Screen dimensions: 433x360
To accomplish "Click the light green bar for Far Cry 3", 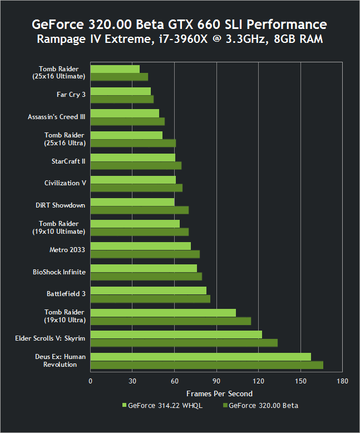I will click(120, 91).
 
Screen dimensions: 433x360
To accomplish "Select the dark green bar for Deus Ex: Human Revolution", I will click(206, 365).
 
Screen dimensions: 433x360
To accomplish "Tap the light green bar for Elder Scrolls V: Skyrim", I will click(176, 334).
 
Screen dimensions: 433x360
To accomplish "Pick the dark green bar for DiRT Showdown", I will click(140, 210).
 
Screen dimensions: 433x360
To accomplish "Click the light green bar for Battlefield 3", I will click(148, 291).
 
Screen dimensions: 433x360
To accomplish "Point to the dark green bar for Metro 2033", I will click(145, 254).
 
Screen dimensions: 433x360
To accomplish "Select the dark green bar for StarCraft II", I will click(136, 165).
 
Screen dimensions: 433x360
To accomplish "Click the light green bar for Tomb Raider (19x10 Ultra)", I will click(163, 313).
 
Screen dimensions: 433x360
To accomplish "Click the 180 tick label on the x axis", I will click(342, 381).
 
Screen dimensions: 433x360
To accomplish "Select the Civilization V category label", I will click(65, 183).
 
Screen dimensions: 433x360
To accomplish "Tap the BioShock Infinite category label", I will click(59, 272).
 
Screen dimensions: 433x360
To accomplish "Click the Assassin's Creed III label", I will click(56, 117).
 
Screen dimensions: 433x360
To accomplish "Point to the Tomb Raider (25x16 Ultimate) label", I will click(58, 72).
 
